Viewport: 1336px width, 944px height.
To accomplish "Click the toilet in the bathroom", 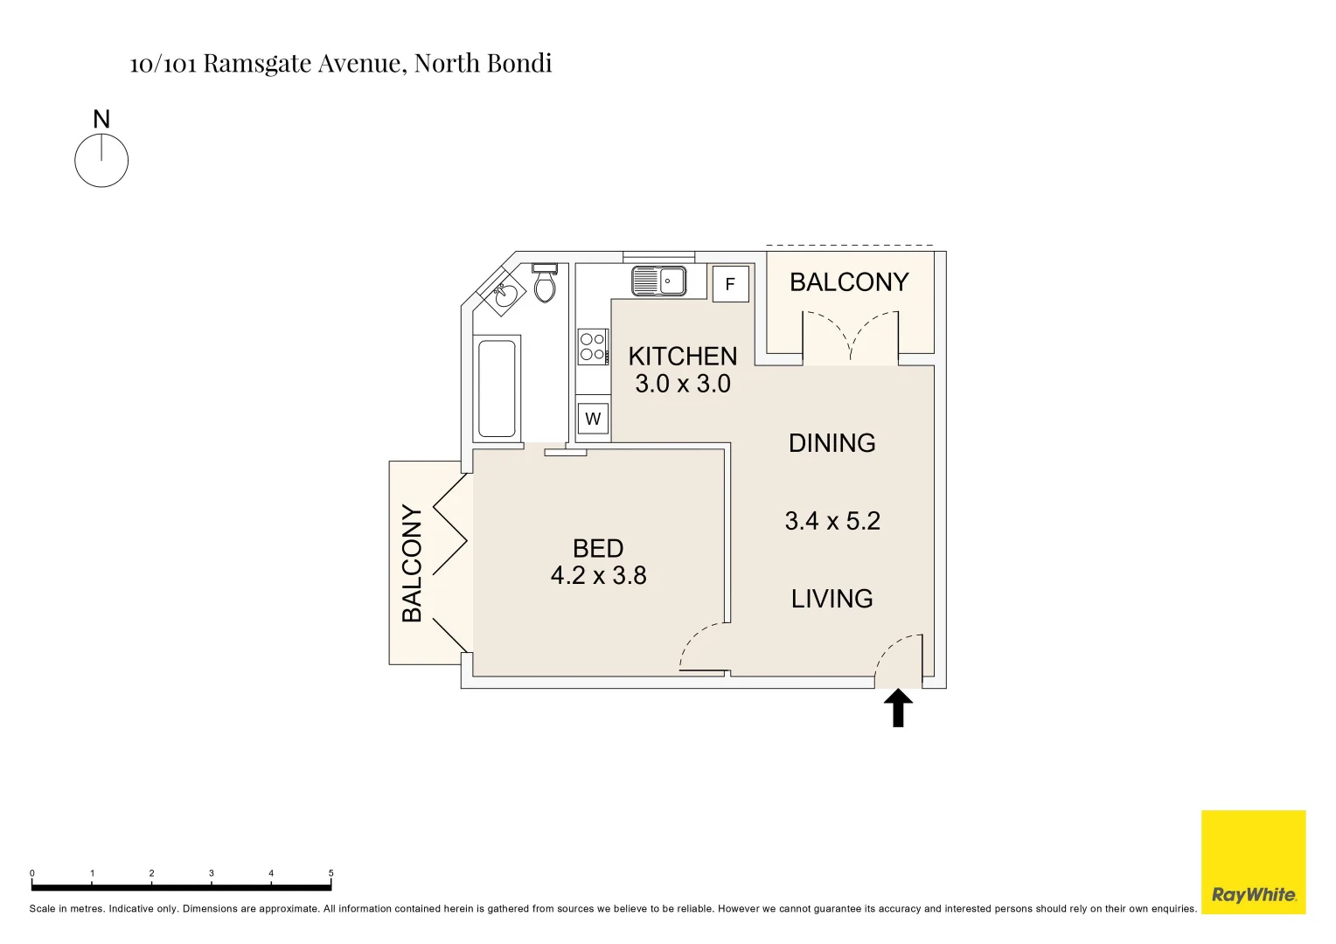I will [x=545, y=284].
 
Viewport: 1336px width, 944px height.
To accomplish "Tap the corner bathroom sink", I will [x=503, y=295].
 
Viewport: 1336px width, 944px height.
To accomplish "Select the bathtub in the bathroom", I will [x=497, y=388].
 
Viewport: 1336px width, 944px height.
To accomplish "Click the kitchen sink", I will [x=659, y=281].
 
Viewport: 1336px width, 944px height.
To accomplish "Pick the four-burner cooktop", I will [x=592, y=347].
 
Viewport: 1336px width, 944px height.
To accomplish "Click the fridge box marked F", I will [x=731, y=284].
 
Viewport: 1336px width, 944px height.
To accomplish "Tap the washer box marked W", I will [x=593, y=419].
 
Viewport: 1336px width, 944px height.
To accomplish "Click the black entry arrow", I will [x=898, y=708].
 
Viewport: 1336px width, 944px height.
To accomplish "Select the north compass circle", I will [x=101, y=161].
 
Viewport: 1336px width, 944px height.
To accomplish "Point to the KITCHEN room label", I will [x=683, y=357].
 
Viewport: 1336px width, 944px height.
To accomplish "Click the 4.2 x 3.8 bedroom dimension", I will [x=599, y=576].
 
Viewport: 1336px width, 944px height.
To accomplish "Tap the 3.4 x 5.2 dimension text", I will [x=832, y=521].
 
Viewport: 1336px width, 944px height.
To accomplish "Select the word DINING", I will [x=832, y=443].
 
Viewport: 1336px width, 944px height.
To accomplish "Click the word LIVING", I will [x=832, y=599].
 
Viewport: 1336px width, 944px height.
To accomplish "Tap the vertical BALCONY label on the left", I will [x=412, y=564].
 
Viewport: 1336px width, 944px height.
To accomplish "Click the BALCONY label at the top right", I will [x=849, y=282].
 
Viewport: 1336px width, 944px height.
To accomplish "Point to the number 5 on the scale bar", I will [x=331, y=873].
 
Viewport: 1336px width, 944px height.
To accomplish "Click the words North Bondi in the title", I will [x=483, y=64].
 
